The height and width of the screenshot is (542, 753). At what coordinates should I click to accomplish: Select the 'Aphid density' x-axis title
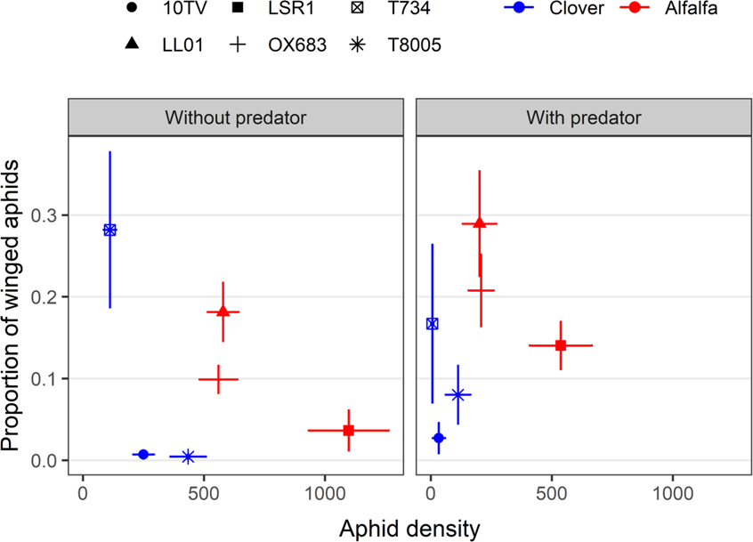pos(409,528)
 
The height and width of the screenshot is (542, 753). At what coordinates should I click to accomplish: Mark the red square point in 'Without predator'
pos(348,431)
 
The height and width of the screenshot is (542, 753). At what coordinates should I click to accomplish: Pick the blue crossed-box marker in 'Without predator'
pos(109,230)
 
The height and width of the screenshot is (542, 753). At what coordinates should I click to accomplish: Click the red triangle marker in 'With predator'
pos(480,223)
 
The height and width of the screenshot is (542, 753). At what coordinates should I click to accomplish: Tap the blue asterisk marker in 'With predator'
pos(458,394)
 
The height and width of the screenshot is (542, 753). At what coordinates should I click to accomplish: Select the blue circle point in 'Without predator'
pos(143,454)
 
